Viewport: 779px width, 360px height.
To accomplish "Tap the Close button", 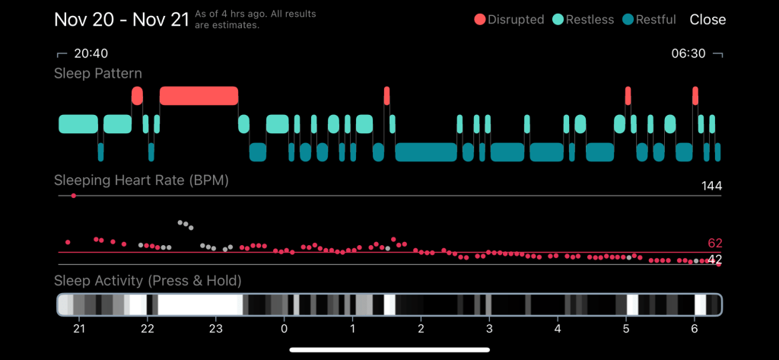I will point(707,20).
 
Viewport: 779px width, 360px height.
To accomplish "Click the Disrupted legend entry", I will point(507,20).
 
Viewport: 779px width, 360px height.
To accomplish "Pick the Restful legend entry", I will point(649,20).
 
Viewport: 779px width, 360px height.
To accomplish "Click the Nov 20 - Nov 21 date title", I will point(121,19).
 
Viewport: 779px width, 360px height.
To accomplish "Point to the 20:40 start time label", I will point(91,54).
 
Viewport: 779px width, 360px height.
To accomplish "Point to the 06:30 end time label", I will point(688,54).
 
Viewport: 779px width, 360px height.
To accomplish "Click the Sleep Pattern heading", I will point(97,74).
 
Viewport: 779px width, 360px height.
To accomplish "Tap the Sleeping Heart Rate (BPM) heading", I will point(141,180).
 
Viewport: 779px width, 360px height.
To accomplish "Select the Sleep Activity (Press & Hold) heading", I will point(148,281).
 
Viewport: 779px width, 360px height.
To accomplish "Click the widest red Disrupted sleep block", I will point(199,95).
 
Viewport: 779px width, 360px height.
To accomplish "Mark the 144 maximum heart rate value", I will point(711,186).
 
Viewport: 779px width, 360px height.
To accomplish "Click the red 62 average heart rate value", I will point(714,244).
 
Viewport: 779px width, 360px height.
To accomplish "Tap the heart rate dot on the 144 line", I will point(73,196).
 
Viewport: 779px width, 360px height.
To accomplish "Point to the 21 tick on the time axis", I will point(78,329).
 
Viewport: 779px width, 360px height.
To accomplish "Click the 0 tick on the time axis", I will point(284,329).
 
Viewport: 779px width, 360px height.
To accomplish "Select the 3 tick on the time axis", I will point(489,329).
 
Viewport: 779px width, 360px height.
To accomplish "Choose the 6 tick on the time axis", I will point(694,329).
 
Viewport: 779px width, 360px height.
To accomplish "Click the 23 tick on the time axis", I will point(215,329).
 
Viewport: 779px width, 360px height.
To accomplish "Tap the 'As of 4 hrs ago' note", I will point(256,20).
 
